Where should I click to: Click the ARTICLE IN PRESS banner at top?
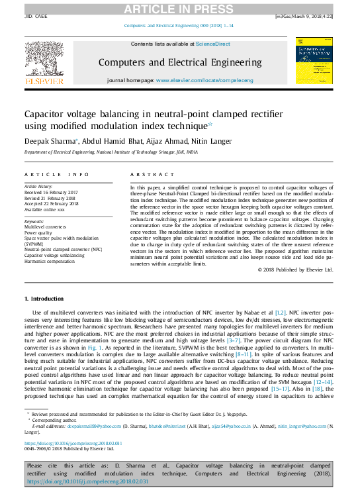click(x=179, y=7)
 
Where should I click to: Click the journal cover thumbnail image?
click(x=314, y=60)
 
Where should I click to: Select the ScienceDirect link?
click(x=212, y=44)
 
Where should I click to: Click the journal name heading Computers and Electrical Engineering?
click(x=180, y=62)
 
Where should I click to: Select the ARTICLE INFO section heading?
click(x=56, y=174)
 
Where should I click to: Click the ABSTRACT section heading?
click(x=147, y=174)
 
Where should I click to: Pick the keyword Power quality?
click(x=40, y=233)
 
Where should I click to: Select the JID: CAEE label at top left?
click(x=38, y=15)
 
